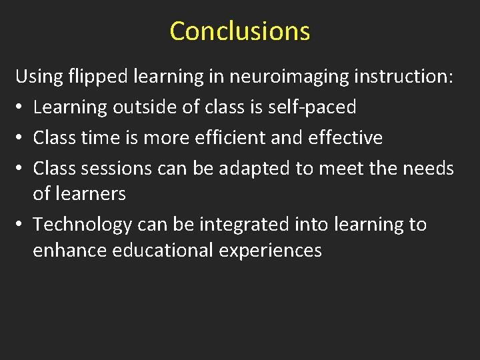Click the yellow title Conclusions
[240, 31]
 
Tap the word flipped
[99, 77]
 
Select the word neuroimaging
[289, 77]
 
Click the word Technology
[83, 225]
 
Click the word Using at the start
[39, 77]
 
